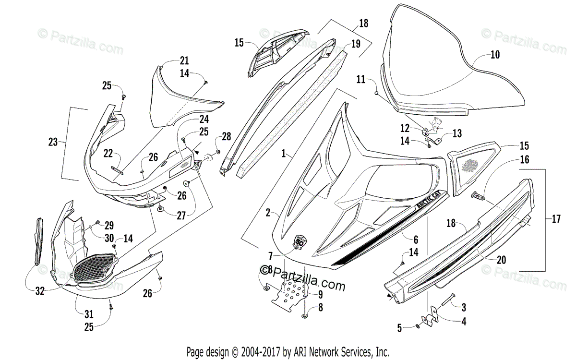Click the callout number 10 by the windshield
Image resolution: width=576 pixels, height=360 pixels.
coord(495,55)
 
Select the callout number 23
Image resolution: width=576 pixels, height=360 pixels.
coord(53,142)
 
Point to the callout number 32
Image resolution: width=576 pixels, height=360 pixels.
coord(40,290)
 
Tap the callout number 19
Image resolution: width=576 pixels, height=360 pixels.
coord(355,44)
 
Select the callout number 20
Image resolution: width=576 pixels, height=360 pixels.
coord(501,260)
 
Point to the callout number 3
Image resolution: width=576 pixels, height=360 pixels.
coord(464,306)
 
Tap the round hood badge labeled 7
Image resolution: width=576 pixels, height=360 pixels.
coord(300,241)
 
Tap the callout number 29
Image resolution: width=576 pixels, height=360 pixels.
coord(109,225)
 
